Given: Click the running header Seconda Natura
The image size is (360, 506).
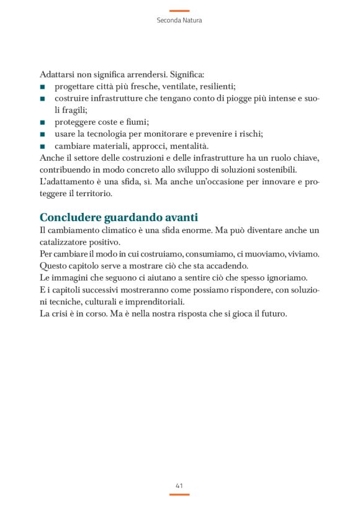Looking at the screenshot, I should (179, 20).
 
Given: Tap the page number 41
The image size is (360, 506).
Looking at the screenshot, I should (179, 485).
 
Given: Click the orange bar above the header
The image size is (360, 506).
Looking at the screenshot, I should (179, 11).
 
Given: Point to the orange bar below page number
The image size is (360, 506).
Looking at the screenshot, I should (179, 494).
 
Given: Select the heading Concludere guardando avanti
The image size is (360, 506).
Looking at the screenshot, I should (119, 217).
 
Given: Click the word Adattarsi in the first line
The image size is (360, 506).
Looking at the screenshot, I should (57, 74).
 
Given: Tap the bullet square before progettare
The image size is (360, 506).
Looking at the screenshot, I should (42, 86).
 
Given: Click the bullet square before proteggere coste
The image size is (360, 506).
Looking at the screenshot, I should (42, 122).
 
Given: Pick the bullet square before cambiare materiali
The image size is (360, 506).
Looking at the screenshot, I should (42, 146).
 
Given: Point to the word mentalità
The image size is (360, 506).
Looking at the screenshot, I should (189, 145).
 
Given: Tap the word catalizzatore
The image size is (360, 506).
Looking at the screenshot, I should (66, 242).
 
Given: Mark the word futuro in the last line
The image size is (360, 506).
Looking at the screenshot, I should (272, 314).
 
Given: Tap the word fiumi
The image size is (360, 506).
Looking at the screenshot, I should (135, 122).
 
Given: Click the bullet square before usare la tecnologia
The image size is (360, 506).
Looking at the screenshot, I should (42, 134).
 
